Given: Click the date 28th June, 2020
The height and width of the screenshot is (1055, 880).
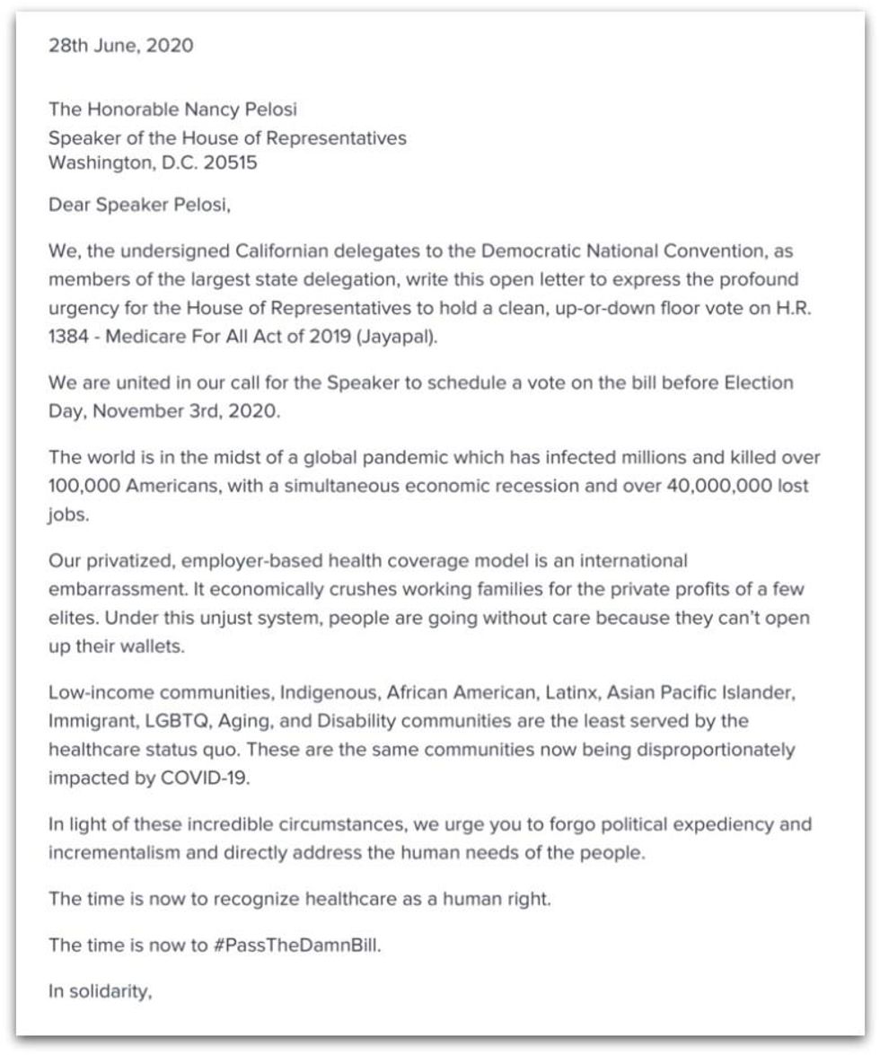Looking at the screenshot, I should (x=120, y=46).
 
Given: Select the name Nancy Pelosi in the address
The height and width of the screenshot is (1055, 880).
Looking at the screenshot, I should (x=240, y=110).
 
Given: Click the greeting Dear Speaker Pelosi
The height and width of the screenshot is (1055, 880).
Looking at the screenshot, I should (x=139, y=205).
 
